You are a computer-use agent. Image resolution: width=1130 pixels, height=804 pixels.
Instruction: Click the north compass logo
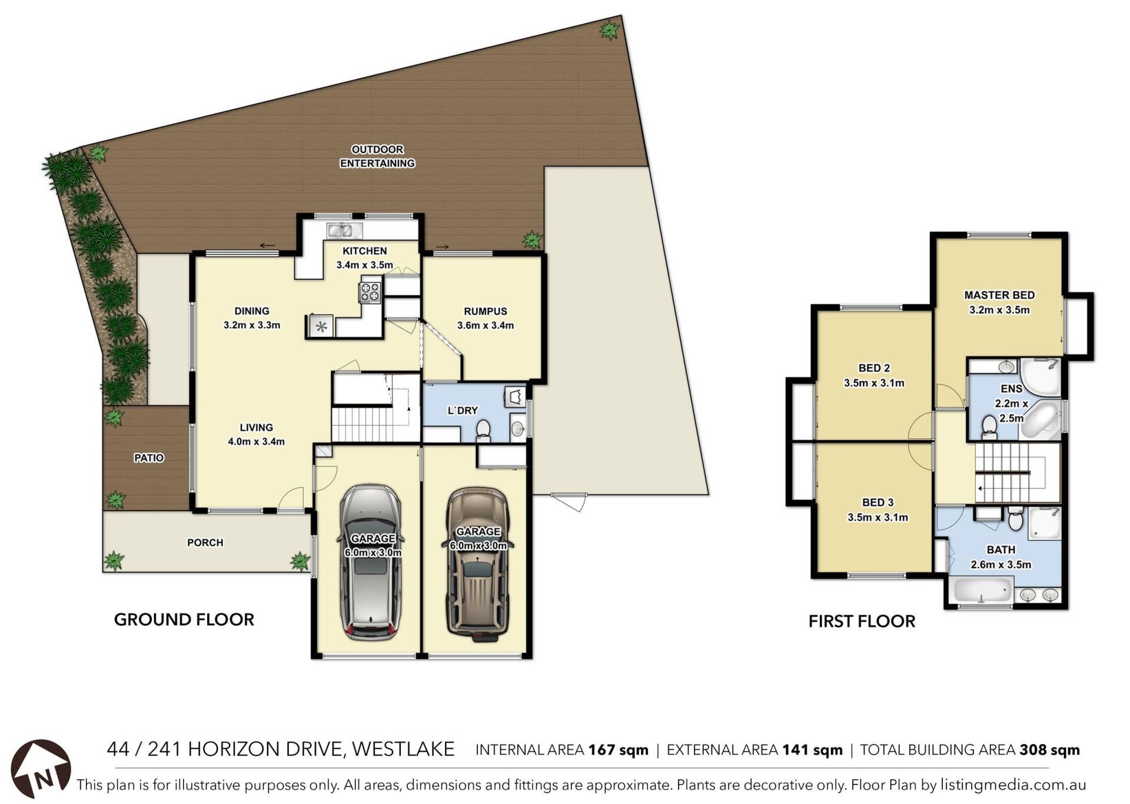pyautogui.click(x=41, y=769)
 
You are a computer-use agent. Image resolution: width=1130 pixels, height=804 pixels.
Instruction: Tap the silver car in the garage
pyautogui.click(x=371, y=563)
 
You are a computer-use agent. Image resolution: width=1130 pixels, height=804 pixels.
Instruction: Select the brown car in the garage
pyautogui.click(x=477, y=564)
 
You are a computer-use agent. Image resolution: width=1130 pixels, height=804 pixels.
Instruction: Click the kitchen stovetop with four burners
pyautogui.click(x=370, y=293)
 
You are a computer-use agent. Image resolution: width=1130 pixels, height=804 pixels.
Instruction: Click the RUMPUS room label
pyautogui.click(x=486, y=312)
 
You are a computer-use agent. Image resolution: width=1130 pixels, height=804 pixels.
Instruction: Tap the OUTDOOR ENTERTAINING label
pyautogui.click(x=377, y=157)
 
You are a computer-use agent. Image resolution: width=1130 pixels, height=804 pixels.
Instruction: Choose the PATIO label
pyautogui.click(x=149, y=458)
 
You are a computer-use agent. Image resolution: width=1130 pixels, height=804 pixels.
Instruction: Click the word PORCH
pyautogui.click(x=205, y=542)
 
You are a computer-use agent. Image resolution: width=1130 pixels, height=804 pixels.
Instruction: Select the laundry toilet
pyautogui.click(x=483, y=430)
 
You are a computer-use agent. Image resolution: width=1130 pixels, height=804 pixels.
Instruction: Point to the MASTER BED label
pyautogui.click(x=999, y=295)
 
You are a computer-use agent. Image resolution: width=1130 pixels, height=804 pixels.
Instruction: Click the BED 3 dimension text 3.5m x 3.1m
pyautogui.click(x=878, y=517)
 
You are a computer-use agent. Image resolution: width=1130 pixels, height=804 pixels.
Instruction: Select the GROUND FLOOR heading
pyautogui.click(x=184, y=620)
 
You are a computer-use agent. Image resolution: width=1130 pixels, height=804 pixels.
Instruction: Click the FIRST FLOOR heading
pyautogui.click(x=862, y=621)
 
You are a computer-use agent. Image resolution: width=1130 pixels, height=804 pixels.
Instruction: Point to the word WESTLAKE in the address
pyautogui.click(x=403, y=749)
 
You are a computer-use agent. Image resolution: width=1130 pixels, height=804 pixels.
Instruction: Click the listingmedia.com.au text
pyautogui.click(x=1013, y=785)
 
